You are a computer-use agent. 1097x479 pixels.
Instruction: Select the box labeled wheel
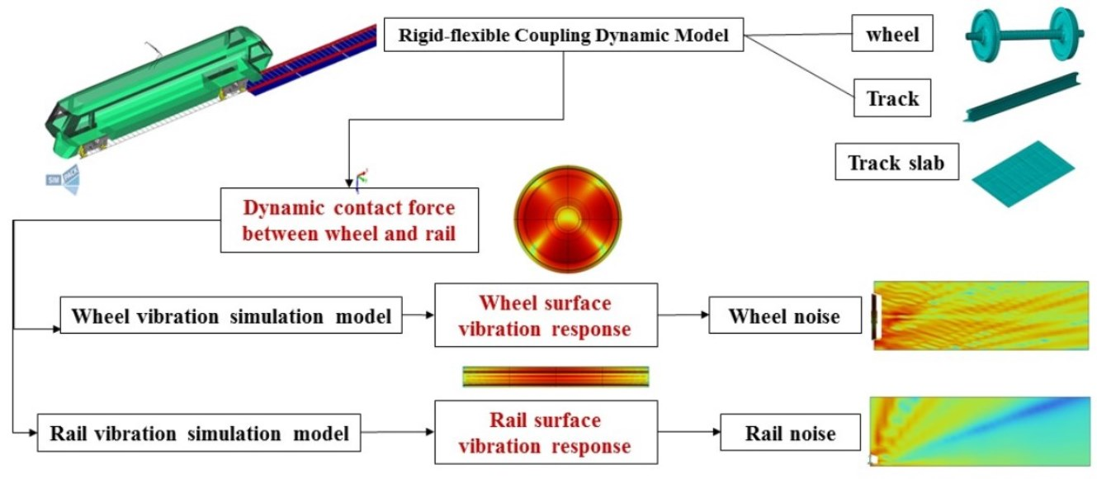tap(892, 36)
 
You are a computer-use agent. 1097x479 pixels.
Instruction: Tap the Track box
tap(892, 99)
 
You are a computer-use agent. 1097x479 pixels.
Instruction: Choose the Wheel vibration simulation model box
tap(232, 316)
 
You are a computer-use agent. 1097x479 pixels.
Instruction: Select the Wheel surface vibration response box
tap(545, 315)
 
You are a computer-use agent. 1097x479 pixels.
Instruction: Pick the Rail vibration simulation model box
tap(199, 433)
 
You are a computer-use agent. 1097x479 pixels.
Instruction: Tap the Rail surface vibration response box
tap(545, 433)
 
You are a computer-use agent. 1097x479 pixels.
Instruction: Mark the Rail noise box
tap(790, 433)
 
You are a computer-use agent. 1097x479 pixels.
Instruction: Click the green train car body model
tap(157, 91)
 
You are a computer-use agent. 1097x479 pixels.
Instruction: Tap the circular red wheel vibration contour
tap(566, 218)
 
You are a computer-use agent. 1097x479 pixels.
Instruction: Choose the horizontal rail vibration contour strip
tap(556, 377)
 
